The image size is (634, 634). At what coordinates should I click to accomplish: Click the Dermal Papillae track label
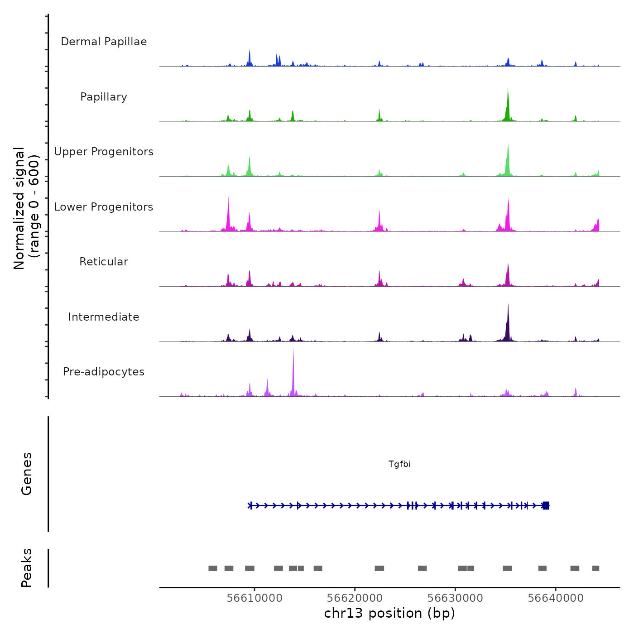(104, 42)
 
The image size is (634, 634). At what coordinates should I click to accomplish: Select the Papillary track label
(104, 97)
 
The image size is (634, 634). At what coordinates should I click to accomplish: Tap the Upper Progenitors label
(104, 152)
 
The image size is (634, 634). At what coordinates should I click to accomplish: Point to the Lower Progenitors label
(104, 207)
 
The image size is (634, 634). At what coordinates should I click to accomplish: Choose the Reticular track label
(104, 262)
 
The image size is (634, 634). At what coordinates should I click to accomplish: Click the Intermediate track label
(104, 317)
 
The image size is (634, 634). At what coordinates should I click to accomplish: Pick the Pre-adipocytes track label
(104, 372)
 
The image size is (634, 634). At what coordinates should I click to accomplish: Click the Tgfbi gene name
(399, 464)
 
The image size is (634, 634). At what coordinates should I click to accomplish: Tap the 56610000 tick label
(255, 598)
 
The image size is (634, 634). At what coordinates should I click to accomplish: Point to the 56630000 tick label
(455, 598)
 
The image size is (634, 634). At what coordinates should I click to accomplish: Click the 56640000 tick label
(556, 598)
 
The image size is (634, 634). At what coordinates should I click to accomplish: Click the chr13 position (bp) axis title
(389, 613)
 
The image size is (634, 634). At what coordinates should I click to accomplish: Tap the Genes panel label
(27, 474)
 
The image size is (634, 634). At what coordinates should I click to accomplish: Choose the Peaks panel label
(27, 568)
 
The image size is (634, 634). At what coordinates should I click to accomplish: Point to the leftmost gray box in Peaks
(212, 568)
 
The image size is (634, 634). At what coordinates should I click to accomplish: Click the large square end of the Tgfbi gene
(546, 505)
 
